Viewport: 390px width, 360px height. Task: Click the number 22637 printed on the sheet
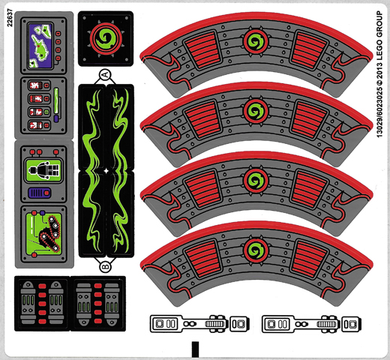coord(10,18)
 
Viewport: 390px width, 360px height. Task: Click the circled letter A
coord(105,74)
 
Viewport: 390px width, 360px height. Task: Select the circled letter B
coord(105,266)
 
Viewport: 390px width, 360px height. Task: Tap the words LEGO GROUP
coord(379,35)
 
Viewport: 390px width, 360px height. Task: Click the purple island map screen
coord(40,46)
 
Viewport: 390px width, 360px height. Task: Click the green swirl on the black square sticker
coord(106,39)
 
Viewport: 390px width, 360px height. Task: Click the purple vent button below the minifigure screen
coord(40,193)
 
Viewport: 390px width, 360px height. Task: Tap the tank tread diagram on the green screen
coord(50,233)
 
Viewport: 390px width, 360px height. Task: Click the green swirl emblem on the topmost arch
coord(256,41)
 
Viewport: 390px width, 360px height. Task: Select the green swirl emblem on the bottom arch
coord(256,250)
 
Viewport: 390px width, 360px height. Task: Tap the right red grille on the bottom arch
coord(310,259)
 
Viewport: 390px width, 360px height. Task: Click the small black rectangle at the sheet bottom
coord(195,349)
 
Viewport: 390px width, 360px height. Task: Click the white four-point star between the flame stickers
coord(106,171)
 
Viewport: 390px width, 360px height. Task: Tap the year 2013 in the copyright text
coord(379,70)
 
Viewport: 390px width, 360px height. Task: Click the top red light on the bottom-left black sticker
coord(42,286)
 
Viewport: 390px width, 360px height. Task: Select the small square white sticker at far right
coord(352,324)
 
